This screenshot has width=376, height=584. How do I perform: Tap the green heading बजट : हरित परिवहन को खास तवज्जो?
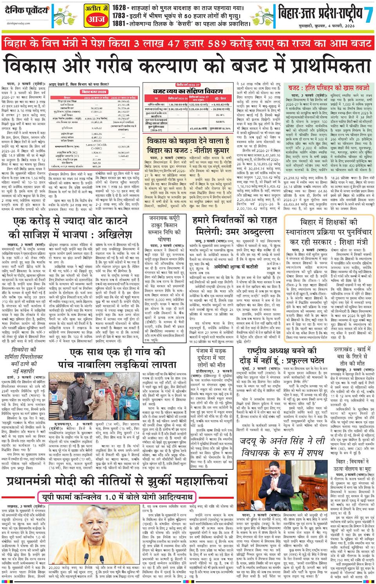pos(329,88)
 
